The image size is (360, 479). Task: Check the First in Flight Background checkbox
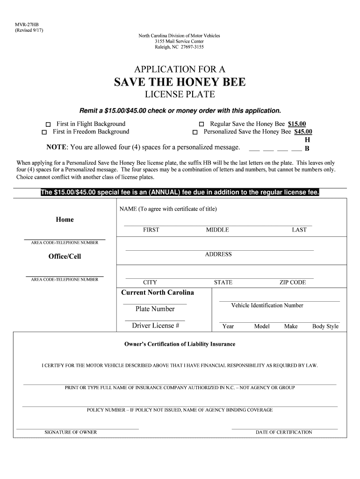click(x=48, y=124)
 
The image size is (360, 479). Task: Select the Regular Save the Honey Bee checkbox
click(x=202, y=124)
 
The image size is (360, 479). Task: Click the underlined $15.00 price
click(x=297, y=124)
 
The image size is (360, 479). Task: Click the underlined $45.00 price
click(x=303, y=132)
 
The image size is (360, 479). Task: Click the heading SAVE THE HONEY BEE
click(x=180, y=82)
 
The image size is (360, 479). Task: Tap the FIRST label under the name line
click(x=151, y=230)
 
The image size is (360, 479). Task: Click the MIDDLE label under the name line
click(x=217, y=230)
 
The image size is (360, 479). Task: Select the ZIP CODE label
click(x=293, y=283)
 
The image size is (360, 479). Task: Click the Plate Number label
click(x=155, y=309)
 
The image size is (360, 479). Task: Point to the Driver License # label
click(x=156, y=326)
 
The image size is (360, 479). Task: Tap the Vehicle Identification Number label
click(x=267, y=305)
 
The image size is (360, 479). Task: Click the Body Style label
click(x=325, y=327)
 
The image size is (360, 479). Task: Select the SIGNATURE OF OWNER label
click(x=71, y=432)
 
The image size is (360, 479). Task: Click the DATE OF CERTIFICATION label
click(x=284, y=432)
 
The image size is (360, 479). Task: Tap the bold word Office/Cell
click(x=65, y=257)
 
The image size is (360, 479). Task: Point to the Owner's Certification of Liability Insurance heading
click(x=180, y=344)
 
